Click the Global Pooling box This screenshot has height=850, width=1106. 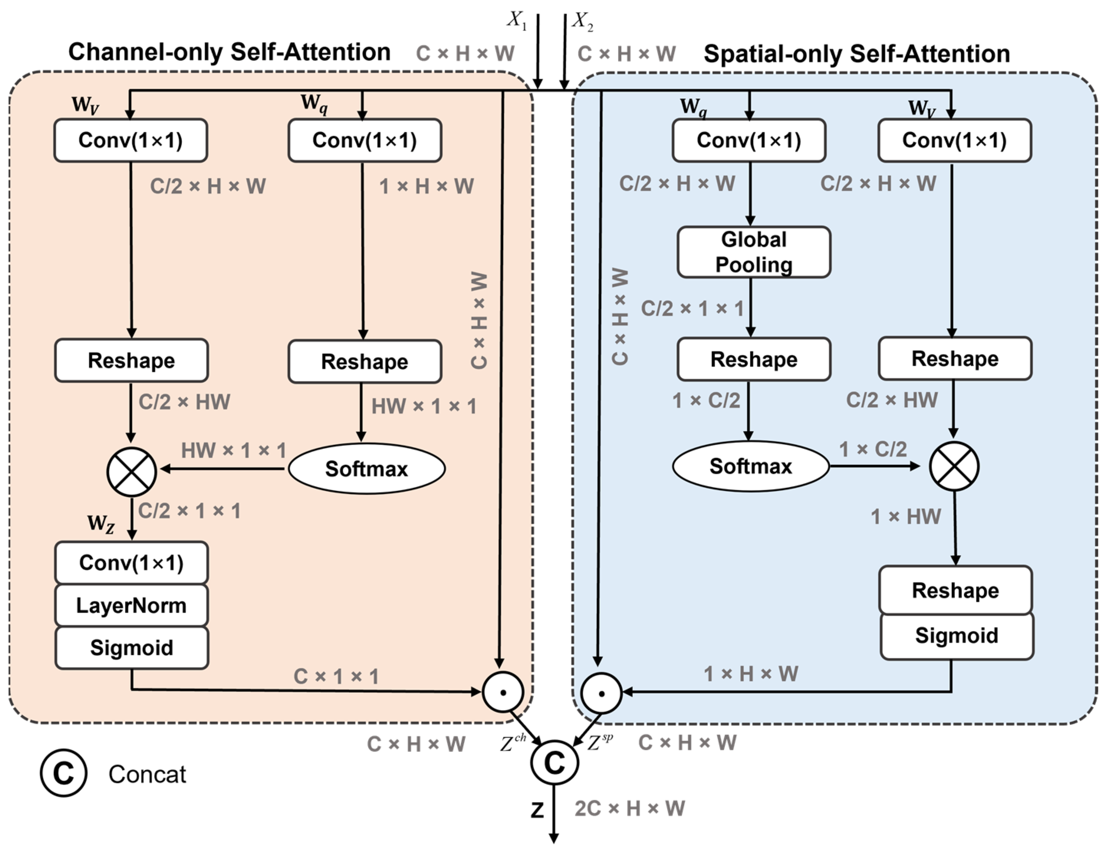click(x=753, y=252)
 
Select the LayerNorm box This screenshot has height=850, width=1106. click(x=131, y=605)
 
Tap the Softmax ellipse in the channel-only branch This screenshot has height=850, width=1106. click(x=366, y=469)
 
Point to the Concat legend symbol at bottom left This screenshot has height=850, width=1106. click(x=63, y=773)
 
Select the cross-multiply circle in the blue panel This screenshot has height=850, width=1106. click(x=954, y=466)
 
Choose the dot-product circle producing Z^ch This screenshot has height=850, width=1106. click(x=503, y=692)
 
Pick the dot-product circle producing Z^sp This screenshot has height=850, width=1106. click(x=601, y=693)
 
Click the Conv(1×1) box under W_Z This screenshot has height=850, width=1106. click(x=131, y=562)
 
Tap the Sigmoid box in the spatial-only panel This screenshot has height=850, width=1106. click(x=956, y=635)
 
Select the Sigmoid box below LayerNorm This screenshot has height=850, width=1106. click(x=131, y=648)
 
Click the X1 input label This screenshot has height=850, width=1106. click(x=516, y=20)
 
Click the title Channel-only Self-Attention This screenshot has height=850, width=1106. click(x=229, y=52)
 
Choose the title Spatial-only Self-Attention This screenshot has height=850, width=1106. click(x=856, y=53)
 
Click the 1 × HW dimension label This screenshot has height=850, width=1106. click(x=906, y=516)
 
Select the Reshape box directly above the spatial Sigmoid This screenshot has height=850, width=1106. click(x=955, y=590)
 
